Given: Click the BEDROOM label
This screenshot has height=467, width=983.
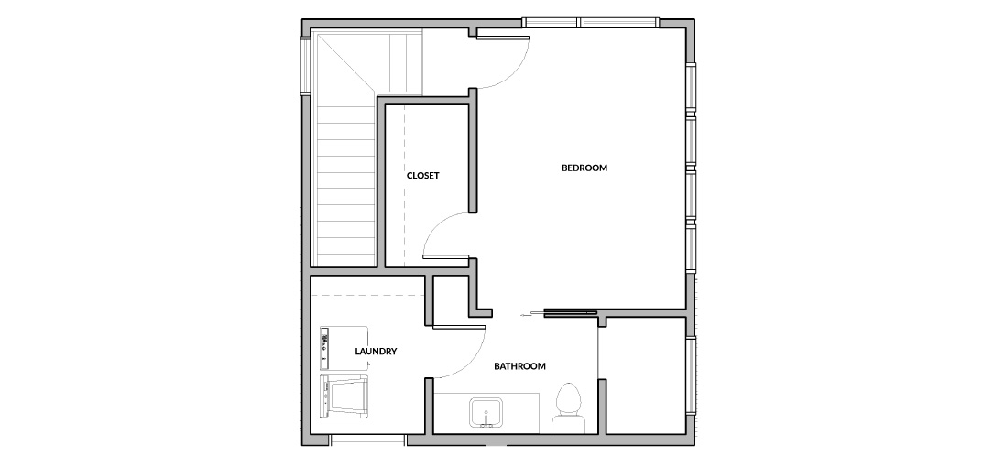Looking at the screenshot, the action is pyautogui.click(x=584, y=168).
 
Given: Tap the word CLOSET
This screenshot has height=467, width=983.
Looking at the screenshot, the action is pyautogui.click(x=422, y=176).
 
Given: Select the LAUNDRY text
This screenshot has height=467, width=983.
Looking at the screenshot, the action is pyautogui.click(x=376, y=352).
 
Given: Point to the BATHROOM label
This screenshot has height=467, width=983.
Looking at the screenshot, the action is pyautogui.click(x=519, y=366).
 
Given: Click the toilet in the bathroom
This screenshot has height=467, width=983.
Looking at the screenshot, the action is pyautogui.click(x=567, y=407).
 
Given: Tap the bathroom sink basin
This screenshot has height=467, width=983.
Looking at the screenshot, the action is pyautogui.click(x=486, y=412).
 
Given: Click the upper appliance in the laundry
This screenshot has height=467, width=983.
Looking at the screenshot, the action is pyautogui.click(x=344, y=348).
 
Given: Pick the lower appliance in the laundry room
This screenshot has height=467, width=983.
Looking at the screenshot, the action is pyautogui.click(x=344, y=396).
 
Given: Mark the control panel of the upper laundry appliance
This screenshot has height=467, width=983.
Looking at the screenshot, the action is pyautogui.click(x=324, y=348).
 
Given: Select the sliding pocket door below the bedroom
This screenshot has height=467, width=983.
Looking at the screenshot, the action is pyautogui.click(x=571, y=311).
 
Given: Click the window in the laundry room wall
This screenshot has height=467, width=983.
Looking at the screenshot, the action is pyautogui.click(x=368, y=440).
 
